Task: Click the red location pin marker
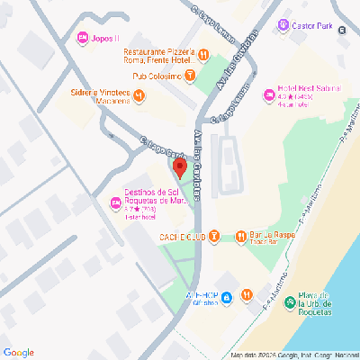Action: coord(179,168)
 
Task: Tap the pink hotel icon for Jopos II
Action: coord(83,38)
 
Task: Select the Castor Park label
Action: coord(312,26)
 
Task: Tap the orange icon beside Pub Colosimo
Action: coord(188,76)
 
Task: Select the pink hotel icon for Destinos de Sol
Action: coord(115,202)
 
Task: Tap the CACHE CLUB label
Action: coord(180,237)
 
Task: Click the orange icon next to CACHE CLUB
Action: coord(214,237)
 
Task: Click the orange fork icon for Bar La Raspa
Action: coord(240,237)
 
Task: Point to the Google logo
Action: coord(19,352)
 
